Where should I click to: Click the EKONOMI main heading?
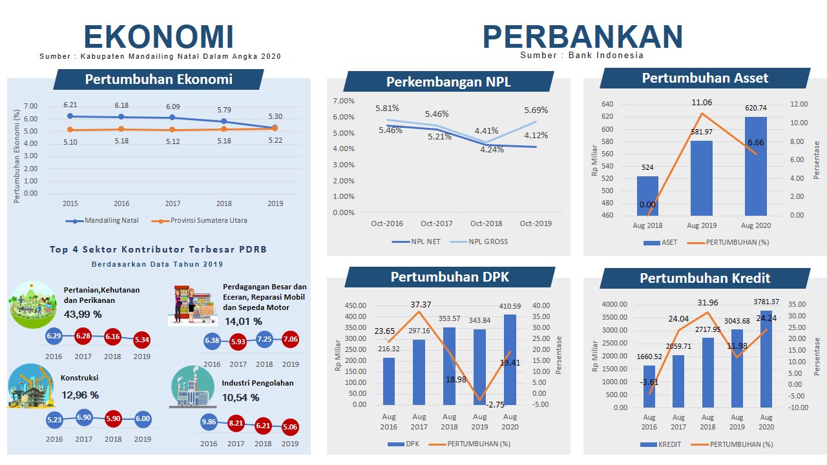[158, 36]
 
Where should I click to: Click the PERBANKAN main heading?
[583, 36]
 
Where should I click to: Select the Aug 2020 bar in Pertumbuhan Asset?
[755, 166]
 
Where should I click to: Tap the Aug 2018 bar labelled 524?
[647, 196]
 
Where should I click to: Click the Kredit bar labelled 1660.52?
[649, 386]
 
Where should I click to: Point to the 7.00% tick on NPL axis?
[343, 101]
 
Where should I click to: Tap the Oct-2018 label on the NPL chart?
[487, 223]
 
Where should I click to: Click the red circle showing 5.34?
[141, 339]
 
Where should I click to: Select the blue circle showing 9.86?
[209, 422]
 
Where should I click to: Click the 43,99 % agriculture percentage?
[83, 314]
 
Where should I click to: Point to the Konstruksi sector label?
[79, 378]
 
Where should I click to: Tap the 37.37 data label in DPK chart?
[421, 305]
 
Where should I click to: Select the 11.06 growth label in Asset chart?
[702, 103]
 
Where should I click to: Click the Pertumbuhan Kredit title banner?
[705, 278]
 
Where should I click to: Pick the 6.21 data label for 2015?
[70, 105]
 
